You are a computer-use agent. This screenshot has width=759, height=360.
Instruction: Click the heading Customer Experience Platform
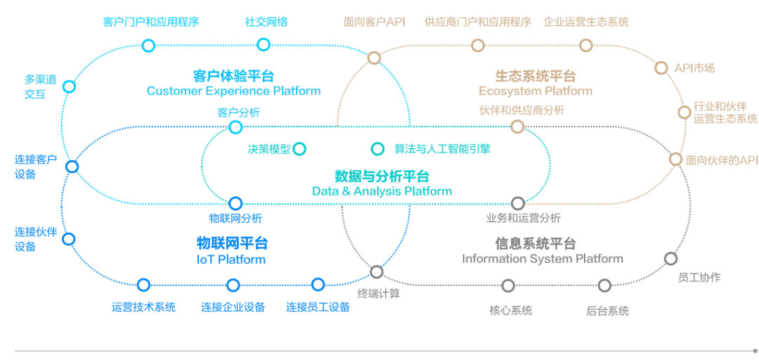[x=233, y=91]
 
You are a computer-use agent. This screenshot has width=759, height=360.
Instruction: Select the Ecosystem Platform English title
[x=536, y=91]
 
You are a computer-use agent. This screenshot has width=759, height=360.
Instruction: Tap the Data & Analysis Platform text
[x=382, y=191]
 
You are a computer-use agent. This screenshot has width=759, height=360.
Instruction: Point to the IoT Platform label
[x=231, y=259]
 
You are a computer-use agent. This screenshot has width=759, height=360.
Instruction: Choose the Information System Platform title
[x=542, y=259]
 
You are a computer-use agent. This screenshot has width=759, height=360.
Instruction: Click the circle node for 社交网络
[x=264, y=45]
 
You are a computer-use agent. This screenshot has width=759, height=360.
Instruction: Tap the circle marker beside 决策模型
[x=299, y=148]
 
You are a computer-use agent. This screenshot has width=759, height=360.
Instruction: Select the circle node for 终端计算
[x=377, y=271]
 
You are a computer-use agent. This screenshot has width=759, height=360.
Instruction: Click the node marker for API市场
[x=661, y=68]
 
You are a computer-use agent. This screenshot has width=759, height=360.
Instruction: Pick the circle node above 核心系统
[x=508, y=285]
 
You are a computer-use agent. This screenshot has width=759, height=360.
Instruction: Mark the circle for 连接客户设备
[x=72, y=167]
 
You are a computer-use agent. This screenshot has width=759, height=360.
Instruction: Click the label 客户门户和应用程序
[x=151, y=22]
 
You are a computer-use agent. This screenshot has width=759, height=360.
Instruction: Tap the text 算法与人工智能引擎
[x=442, y=149]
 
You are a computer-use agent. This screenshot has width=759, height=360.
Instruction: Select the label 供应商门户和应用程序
[x=478, y=22]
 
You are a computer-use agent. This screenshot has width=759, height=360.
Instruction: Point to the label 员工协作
[x=699, y=277]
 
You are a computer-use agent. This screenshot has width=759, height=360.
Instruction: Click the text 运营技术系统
[x=143, y=307]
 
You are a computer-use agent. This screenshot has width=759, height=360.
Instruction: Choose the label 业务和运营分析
[x=523, y=218]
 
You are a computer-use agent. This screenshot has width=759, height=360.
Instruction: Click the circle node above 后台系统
[x=604, y=285]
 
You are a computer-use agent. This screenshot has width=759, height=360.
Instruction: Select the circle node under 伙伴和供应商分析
[x=517, y=127]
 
